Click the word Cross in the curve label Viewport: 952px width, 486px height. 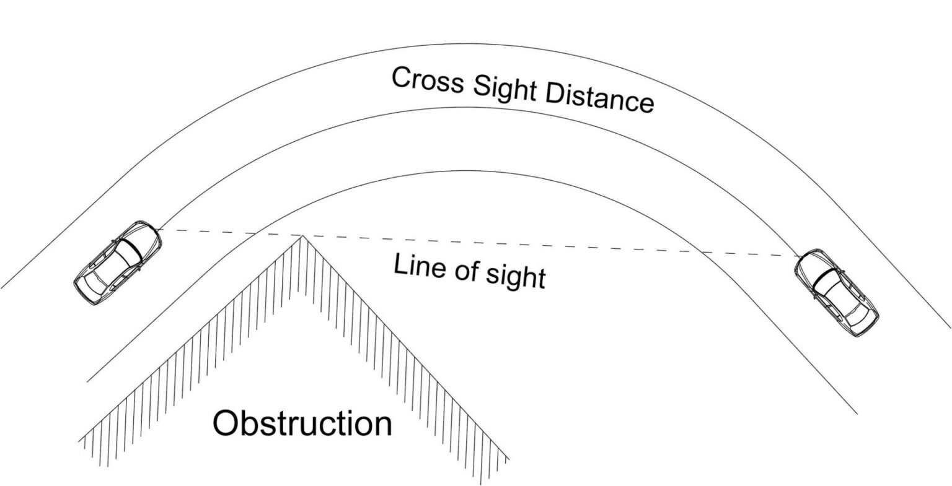coord(428,80)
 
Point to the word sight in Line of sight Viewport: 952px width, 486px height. coord(516,277)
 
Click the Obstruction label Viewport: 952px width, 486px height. coord(302,424)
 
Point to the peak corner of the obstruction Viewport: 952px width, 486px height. coord(302,236)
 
